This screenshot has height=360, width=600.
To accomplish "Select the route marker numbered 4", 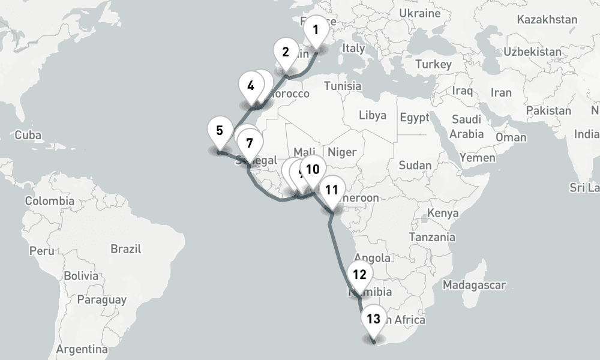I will pos(250,86).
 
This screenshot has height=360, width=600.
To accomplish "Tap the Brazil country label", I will pos(125,248).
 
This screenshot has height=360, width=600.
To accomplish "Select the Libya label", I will pos(373,115).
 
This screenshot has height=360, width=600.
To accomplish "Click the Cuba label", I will pos(28,135).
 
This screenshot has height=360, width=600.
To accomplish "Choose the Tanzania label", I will pos(432,237).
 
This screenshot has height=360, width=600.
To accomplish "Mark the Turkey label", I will pos(433,64).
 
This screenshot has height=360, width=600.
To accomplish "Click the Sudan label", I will pos(415,165).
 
